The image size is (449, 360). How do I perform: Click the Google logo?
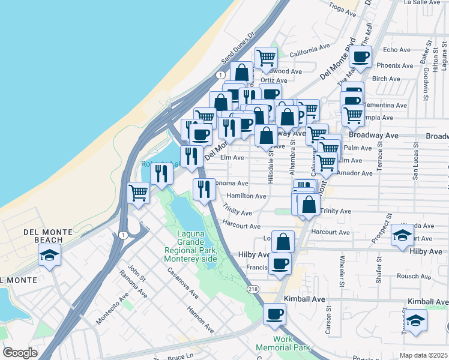(19, 353)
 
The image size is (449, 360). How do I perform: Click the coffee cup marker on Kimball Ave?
(275, 313)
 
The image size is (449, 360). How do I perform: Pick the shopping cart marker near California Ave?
(266, 58)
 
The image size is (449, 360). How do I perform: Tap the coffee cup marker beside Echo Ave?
(360, 56)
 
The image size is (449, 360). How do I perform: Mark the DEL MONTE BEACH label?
(48, 236)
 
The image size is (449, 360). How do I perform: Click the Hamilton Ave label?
(246, 196)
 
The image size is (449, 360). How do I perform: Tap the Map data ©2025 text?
(423, 355)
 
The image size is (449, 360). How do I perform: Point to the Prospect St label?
(377, 227)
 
